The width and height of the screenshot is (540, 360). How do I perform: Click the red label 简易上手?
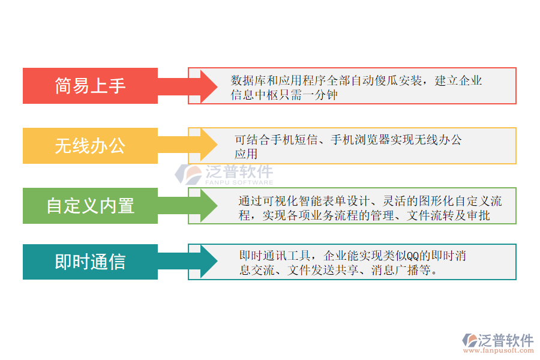click(90, 86)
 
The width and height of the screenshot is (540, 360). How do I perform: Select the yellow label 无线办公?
click(90, 146)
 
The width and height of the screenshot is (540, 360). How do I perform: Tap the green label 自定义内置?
click(90, 206)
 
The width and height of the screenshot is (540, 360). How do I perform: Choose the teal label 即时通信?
click(90, 262)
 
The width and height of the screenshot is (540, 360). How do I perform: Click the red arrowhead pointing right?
click(208, 86)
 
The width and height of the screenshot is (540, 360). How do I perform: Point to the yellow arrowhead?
click(208, 146)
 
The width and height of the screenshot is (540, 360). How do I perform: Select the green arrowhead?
click(208, 206)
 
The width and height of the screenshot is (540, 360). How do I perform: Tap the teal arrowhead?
click(208, 262)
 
